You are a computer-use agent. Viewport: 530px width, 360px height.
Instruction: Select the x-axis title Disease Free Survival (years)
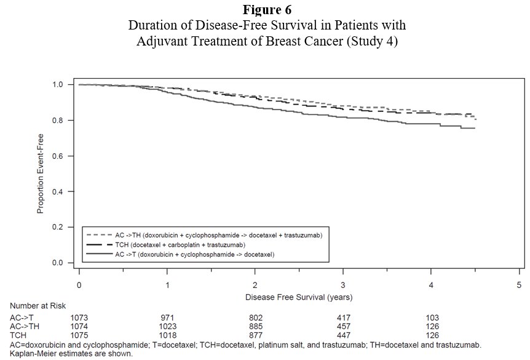(298, 297)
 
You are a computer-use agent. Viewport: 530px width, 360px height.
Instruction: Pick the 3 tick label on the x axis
(343, 286)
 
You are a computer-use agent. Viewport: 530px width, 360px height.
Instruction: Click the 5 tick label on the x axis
(519, 286)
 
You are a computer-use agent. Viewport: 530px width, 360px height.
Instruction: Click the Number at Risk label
(38, 306)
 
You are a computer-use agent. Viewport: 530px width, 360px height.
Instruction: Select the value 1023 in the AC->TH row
(168, 327)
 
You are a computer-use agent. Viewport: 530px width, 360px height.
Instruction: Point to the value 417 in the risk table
(343, 318)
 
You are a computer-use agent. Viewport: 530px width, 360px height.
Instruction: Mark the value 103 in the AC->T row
(432, 318)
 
